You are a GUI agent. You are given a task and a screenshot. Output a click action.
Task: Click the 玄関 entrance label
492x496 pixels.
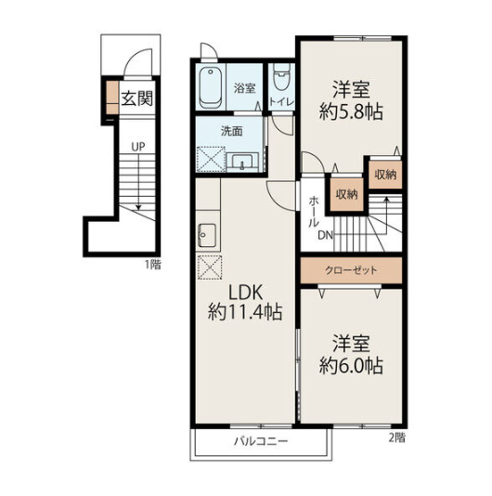click(137, 98)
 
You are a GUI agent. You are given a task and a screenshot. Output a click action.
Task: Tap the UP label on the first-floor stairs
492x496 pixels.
click(138, 147)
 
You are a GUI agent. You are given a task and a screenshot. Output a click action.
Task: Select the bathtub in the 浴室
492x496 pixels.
click(211, 87)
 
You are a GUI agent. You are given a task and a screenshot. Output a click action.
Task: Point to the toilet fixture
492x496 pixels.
click(281, 77)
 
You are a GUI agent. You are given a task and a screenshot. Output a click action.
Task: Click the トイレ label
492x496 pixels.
click(281, 102)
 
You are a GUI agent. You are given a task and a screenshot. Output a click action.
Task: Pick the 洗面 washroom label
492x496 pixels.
click(232, 131)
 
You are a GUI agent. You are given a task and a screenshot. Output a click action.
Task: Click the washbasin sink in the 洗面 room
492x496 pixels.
click(242, 162)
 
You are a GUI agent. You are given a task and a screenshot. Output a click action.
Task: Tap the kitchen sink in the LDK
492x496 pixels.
click(207, 235)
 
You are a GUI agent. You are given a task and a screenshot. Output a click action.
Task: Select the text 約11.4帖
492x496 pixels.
click(245, 312)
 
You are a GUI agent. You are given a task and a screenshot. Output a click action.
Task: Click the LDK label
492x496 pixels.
click(245, 293)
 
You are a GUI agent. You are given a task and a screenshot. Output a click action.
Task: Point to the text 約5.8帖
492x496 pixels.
click(351, 111)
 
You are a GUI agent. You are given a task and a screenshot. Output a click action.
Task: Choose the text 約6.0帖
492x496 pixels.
click(351, 366)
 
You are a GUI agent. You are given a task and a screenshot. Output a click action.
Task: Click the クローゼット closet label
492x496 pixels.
click(351, 270)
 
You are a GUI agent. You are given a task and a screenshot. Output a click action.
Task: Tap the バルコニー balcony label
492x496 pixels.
click(261, 441)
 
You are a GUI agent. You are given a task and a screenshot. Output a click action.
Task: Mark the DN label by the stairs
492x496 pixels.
click(325, 235)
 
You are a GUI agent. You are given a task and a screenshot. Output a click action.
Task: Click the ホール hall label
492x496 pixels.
click(314, 211)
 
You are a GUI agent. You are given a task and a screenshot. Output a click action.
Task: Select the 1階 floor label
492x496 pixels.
click(153, 265)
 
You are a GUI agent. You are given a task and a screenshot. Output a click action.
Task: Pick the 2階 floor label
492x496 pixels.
click(396, 437)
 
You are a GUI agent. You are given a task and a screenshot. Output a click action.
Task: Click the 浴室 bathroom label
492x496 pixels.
click(244, 88)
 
